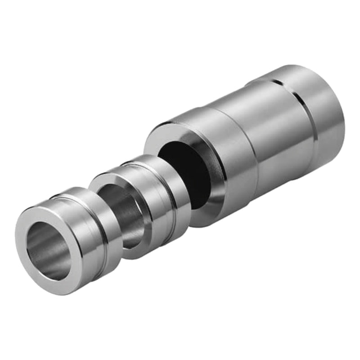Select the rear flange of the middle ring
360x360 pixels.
[x=178, y=198]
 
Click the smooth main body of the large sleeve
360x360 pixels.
[x=279, y=126]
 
